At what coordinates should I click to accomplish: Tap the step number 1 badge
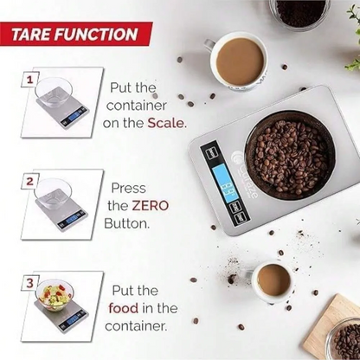[x=30, y=79]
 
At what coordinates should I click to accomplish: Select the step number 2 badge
[x=30, y=181]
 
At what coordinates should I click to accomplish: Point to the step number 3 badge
[x=30, y=283]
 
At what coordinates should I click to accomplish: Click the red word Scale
[x=166, y=123]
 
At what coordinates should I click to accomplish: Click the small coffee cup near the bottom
[x=273, y=280]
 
